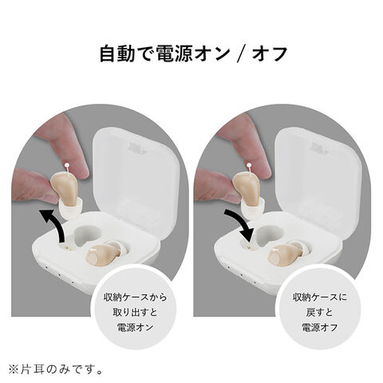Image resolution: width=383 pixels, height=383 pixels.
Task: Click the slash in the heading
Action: pos(241,54)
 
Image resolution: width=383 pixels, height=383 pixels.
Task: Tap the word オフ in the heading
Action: pos(270,54)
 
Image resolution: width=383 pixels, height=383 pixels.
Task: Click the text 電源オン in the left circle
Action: pos(136,327)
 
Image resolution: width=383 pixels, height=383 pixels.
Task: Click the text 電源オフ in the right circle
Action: pos(319,327)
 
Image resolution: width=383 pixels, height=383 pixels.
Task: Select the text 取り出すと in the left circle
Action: pos(136,312)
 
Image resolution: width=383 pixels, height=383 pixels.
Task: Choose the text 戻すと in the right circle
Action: pos(319,312)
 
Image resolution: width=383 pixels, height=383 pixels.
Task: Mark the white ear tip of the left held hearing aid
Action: pos(70,209)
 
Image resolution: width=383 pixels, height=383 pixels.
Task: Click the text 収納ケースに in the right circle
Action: pos(320,297)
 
